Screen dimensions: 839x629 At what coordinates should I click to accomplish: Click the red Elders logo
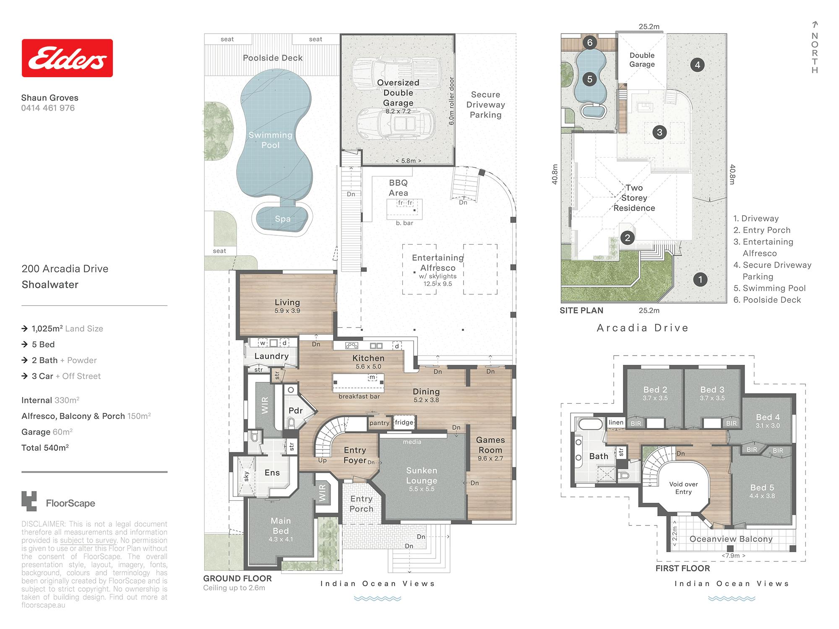[67, 58]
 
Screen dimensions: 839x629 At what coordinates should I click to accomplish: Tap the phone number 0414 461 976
[48, 108]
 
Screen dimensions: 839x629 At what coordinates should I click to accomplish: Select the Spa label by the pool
[283, 219]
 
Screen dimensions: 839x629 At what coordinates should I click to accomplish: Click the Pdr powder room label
[296, 411]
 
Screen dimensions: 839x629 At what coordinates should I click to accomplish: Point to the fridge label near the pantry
[404, 422]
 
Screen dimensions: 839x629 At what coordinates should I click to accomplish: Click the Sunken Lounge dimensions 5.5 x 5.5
[422, 489]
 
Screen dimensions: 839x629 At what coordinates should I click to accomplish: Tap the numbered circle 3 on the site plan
[659, 133]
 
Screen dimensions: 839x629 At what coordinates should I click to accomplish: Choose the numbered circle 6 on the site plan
[590, 42]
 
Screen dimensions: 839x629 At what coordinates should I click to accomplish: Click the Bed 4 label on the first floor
[768, 417]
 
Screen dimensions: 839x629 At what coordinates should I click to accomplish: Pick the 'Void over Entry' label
[683, 488]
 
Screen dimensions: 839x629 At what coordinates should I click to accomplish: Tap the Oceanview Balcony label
[731, 539]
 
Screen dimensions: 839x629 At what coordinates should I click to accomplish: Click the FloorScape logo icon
[29, 501]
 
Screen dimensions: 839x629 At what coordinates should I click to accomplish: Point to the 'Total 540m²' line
[45, 448]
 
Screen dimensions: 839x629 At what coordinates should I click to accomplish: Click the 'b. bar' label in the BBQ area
[404, 223]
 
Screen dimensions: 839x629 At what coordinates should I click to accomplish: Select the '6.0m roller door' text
[451, 101]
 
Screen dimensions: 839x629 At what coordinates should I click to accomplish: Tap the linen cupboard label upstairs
[616, 422]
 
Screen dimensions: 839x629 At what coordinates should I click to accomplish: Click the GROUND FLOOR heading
[237, 578]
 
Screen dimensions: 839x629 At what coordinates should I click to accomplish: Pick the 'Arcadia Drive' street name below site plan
[643, 328]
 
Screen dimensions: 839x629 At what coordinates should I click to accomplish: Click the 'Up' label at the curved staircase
[322, 460]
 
